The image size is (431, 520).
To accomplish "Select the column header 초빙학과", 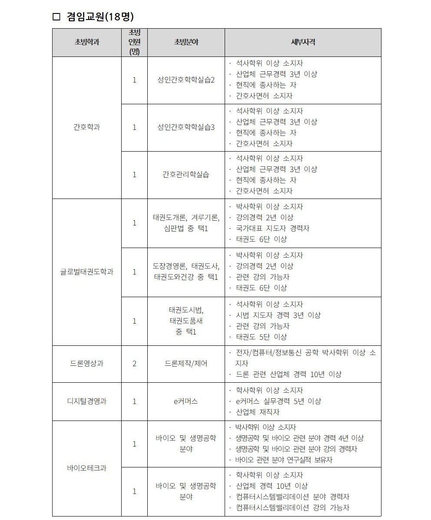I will coord(86,42).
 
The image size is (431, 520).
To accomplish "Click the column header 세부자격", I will coord(303,42).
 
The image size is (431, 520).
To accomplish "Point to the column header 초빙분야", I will coord(186,42).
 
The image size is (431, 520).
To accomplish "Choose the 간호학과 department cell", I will coord(86,127).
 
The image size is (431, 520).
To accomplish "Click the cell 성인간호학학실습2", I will coord(186,80).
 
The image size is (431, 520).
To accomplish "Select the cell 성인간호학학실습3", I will coord(186,127).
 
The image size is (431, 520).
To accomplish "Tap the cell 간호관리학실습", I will coord(186,175).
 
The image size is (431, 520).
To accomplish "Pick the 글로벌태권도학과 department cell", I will coord(86,272).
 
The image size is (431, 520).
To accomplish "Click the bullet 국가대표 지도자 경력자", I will coord(272,228).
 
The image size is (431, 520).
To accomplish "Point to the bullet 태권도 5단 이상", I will coord(261,337).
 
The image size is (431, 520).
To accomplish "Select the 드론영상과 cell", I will coord(86,364).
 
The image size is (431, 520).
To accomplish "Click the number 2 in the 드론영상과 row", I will coord(134,364).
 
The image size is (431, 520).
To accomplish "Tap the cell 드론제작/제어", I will coord(186,364).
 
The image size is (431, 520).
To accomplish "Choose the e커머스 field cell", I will coord(186,401).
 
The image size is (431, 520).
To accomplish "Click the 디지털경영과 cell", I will coord(86,401).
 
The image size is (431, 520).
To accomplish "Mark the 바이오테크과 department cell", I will coord(86,468).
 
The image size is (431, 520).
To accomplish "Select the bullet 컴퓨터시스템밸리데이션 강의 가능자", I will coord(292,507).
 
